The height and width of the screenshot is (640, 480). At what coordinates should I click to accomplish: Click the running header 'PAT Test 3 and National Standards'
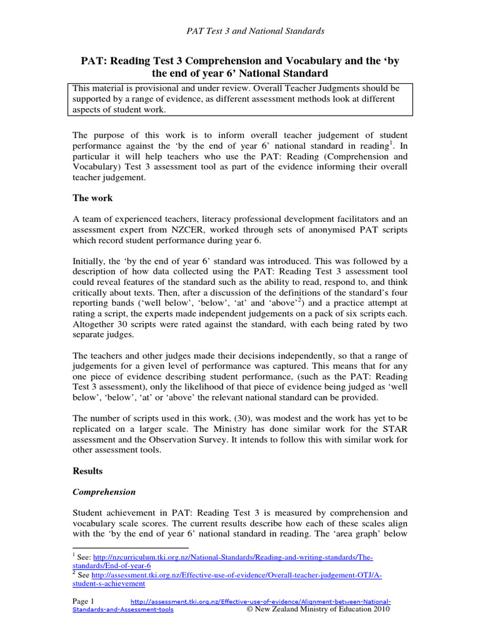(x=256, y=31)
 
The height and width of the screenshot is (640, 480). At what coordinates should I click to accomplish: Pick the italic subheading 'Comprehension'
(x=105, y=492)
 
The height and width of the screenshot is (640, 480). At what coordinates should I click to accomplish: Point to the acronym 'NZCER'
(x=181, y=229)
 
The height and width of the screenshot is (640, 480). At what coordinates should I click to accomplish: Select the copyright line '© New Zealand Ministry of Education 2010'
(x=319, y=610)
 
